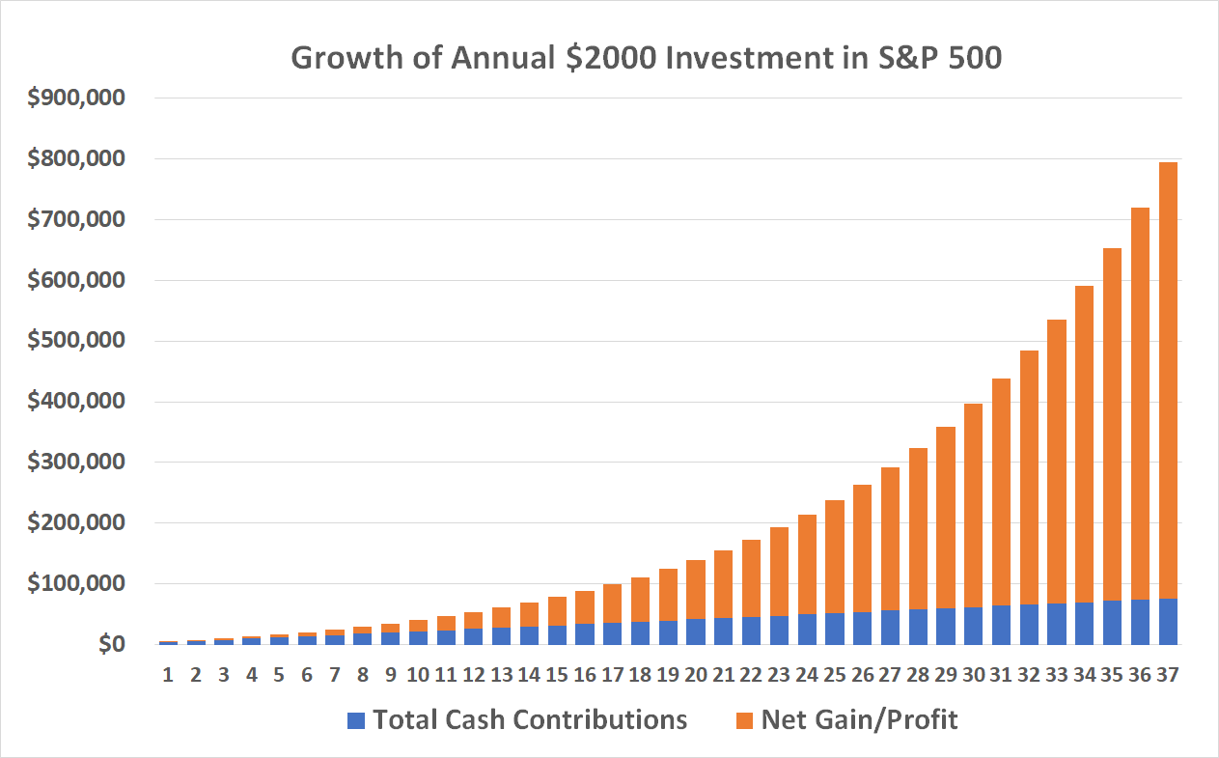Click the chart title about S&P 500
(646, 58)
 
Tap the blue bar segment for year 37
(1168, 622)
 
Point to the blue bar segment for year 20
(695, 632)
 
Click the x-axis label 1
(168, 675)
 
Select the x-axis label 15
(556, 675)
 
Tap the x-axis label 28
(917, 675)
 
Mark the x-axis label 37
(1168, 675)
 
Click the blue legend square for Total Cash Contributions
(356, 720)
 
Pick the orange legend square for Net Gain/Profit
(744, 720)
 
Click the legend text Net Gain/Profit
(859, 719)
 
